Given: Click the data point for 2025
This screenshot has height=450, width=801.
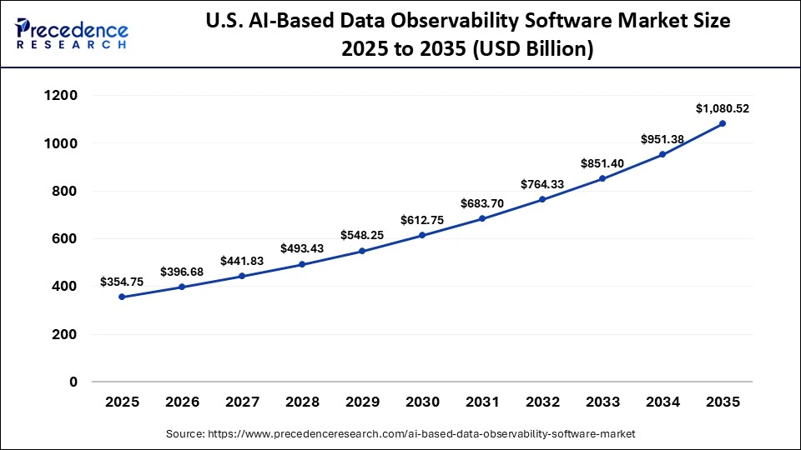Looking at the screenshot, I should (x=122, y=297).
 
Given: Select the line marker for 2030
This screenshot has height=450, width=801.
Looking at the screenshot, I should (x=422, y=235).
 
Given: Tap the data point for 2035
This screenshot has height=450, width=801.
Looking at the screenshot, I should (x=723, y=123).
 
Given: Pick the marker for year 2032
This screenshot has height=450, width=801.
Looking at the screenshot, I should (x=542, y=199).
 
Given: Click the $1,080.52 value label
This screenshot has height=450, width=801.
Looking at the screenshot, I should (x=723, y=108).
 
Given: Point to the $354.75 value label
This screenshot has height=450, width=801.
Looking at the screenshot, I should (x=122, y=282).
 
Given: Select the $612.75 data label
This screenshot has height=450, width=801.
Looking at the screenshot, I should (x=422, y=220).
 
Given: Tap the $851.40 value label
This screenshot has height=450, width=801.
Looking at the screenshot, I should (x=602, y=163).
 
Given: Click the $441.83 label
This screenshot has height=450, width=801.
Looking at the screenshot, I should (x=242, y=261).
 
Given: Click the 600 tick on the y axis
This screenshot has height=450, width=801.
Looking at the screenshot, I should (x=65, y=239).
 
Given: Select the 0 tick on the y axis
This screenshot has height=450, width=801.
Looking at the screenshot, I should (x=73, y=382).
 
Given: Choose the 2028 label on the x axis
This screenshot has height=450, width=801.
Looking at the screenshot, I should (x=302, y=402).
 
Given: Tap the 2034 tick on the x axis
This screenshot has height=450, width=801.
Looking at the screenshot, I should (x=662, y=402).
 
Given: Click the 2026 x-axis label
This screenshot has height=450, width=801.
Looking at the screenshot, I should (x=182, y=402).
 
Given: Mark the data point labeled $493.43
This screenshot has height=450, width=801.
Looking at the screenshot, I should (x=302, y=264).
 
